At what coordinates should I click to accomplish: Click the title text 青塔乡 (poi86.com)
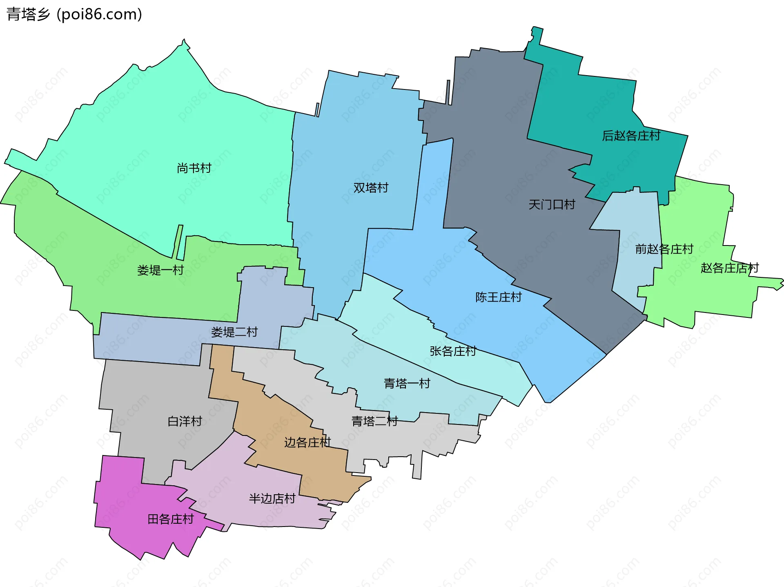(74, 14)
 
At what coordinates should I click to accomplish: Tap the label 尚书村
(194, 168)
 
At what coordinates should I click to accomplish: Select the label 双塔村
(371, 187)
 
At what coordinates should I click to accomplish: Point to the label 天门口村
(552, 204)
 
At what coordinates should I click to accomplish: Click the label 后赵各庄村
(631, 136)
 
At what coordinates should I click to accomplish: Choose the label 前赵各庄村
(664, 249)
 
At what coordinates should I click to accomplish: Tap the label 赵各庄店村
(729, 268)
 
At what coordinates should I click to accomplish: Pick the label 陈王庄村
(498, 297)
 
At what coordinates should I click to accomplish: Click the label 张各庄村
(452, 351)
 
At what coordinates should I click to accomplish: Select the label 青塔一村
(407, 383)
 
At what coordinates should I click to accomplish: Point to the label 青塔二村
(374, 421)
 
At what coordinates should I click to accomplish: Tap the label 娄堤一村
(160, 270)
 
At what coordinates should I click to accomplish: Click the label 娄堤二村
(234, 332)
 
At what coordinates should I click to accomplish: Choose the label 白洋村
(185, 421)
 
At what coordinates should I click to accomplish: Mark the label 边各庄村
(307, 442)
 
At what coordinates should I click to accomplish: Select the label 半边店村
(272, 498)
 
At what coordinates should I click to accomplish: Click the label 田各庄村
(170, 519)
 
